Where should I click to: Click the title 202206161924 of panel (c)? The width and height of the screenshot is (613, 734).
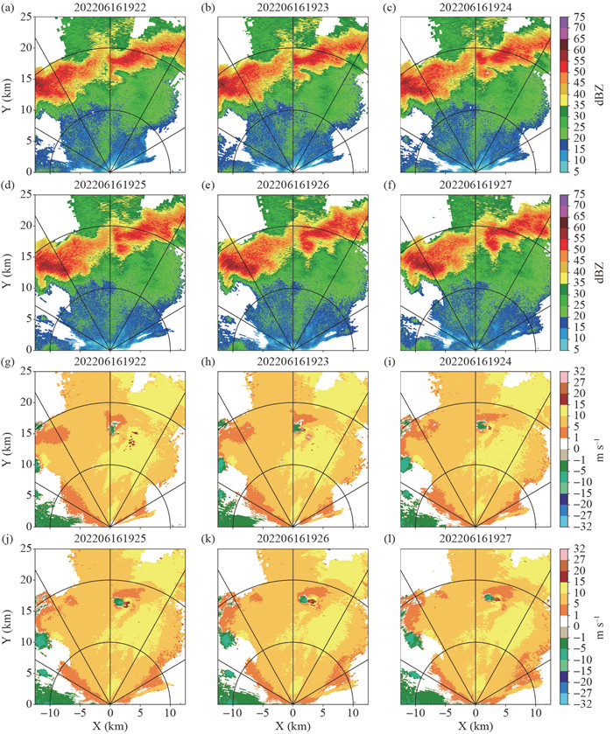[x=476, y=7]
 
